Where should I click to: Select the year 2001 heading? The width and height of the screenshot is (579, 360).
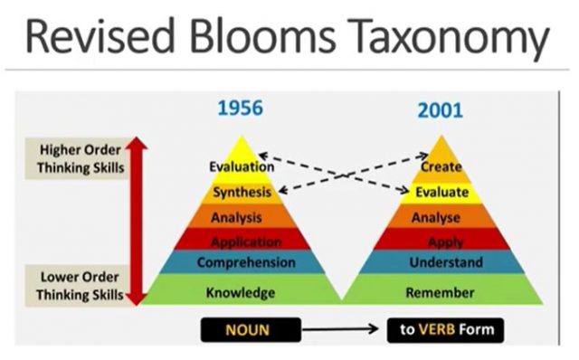click(x=441, y=111)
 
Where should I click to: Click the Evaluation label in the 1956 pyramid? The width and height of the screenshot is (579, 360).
click(x=242, y=166)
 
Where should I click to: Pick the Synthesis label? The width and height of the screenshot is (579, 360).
click(x=242, y=192)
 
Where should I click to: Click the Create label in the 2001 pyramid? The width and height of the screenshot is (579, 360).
click(x=441, y=166)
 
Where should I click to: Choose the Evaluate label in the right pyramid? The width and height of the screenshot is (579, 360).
click(x=441, y=192)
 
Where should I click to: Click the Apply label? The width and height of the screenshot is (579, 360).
click(x=441, y=242)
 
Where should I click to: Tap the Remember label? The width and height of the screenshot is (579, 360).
click(x=440, y=292)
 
